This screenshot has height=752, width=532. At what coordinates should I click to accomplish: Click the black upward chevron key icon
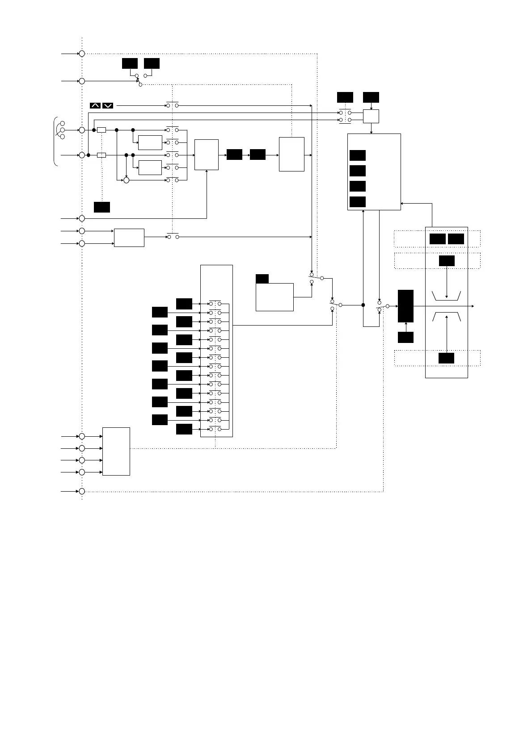click(x=95, y=105)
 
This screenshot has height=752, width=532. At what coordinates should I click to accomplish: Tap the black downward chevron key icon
click(x=108, y=105)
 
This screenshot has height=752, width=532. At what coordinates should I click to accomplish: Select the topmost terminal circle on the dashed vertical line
click(x=82, y=54)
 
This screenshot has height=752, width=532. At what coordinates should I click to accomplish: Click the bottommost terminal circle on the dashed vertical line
click(x=82, y=491)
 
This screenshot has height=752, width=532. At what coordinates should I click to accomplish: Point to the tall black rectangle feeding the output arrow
click(x=405, y=306)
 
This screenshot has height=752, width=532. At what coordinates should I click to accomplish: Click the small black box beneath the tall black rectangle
click(x=405, y=337)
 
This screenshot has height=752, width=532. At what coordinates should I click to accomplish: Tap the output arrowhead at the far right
click(x=472, y=306)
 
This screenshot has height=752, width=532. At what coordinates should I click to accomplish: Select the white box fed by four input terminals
click(x=116, y=451)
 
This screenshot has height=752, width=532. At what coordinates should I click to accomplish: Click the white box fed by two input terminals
click(x=129, y=237)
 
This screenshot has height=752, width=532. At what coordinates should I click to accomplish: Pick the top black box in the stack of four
click(x=358, y=155)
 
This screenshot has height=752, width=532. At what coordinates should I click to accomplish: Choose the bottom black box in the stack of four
click(x=358, y=202)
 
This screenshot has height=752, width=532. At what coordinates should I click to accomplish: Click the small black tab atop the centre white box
click(x=262, y=279)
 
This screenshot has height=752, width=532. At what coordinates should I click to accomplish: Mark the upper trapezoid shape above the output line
click(x=447, y=296)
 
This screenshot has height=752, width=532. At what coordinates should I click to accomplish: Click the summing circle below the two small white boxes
click(x=126, y=180)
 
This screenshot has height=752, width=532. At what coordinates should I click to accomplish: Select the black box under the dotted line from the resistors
click(x=102, y=207)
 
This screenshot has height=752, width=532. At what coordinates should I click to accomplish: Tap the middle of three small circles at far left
click(x=62, y=130)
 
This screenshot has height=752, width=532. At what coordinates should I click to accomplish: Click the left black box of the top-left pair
click(x=130, y=63)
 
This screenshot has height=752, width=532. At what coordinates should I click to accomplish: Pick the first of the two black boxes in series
click(x=234, y=155)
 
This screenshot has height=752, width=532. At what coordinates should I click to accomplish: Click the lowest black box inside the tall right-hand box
click(x=446, y=358)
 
